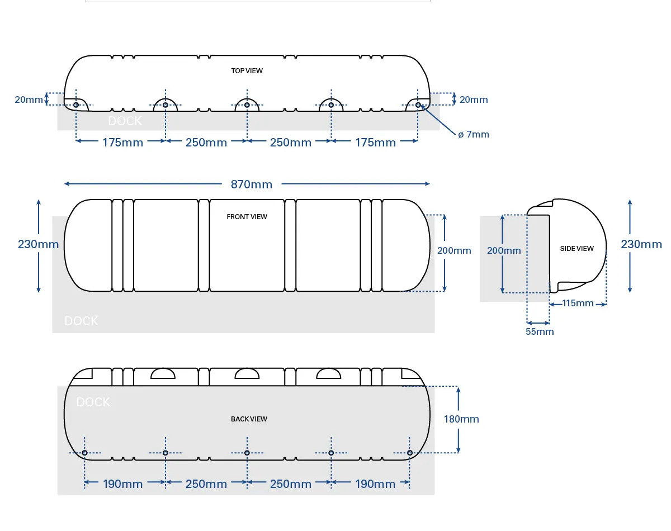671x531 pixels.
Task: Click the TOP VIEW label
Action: click(x=247, y=71)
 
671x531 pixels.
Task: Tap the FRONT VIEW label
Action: click(x=247, y=217)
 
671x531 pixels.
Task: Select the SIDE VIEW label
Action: click(x=577, y=249)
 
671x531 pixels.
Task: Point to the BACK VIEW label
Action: click(x=249, y=419)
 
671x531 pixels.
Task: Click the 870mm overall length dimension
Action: click(x=251, y=184)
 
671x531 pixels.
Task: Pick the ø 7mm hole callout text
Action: click(x=473, y=134)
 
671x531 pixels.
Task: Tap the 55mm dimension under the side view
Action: click(x=540, y=331)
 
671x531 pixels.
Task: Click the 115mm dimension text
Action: click(x=578, y=303)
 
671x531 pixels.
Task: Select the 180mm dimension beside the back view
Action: click(x=461, y=419)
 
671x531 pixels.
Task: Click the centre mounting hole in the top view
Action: click(x=247, y=105)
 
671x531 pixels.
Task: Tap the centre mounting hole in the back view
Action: click(x=247, y=453)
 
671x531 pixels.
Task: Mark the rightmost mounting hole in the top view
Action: click(x=418, y=105)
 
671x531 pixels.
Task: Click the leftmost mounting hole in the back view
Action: click(x=84, y=453)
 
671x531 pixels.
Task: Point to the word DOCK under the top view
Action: click(x=125, y=121)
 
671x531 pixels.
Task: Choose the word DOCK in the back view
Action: click(x=93, y=402)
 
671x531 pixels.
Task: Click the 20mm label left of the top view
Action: click(x=29, y=99)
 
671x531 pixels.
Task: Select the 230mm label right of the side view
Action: click(x=641, y=244)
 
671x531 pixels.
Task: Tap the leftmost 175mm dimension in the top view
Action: click(x=122, y=143)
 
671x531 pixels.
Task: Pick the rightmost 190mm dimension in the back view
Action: click(x=375, y=484)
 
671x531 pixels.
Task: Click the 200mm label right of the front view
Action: click(x=453, y=250)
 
